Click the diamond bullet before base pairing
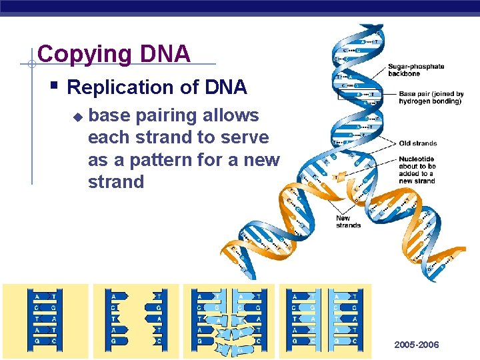coord(77,117)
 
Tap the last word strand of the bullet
coord(116,182)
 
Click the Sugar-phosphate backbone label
coord(415,70)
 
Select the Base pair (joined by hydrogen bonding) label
coord(431,97)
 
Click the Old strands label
coord(417,143)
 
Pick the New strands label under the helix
coord(348,222)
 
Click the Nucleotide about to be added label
coord(417,170)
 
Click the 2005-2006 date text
coord(416,345)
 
